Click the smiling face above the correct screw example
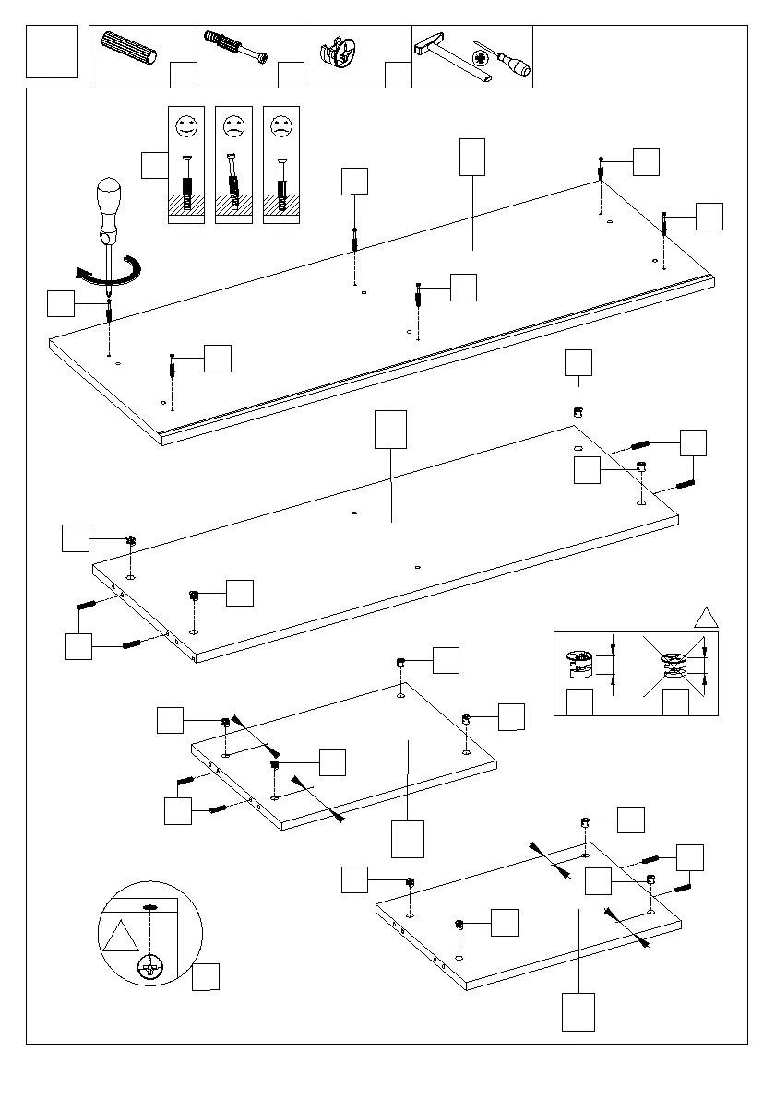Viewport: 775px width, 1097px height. [186, 124]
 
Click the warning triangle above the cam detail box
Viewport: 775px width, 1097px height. [706, 618]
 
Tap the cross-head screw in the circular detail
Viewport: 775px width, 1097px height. [149, 969]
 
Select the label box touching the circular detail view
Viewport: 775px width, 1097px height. [206, 977]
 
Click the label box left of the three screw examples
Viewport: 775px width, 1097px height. [154, 166]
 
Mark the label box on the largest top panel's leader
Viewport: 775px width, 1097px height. [471, 157]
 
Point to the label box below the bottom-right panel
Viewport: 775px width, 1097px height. [578, 1011]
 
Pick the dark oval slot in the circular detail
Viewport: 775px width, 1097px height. [149, 908]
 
